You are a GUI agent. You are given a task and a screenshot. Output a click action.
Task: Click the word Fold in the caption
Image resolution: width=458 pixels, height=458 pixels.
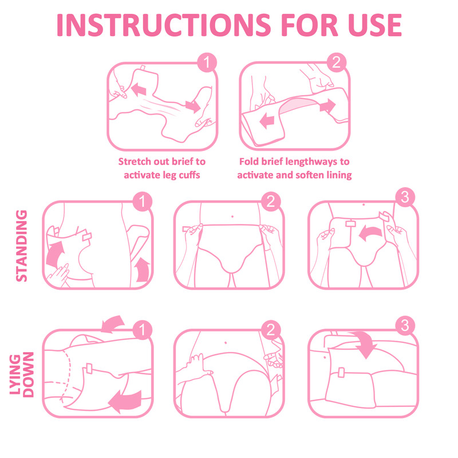click(x=250, y=161)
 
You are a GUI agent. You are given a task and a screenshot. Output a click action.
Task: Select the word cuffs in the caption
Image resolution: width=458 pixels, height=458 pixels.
click(x=187, y=175)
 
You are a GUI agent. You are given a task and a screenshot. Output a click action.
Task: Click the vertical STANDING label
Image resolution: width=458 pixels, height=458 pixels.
click(x=21, y=246)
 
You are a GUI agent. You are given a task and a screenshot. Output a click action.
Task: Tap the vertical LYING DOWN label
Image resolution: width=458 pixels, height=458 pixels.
click(x=21, y=374)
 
